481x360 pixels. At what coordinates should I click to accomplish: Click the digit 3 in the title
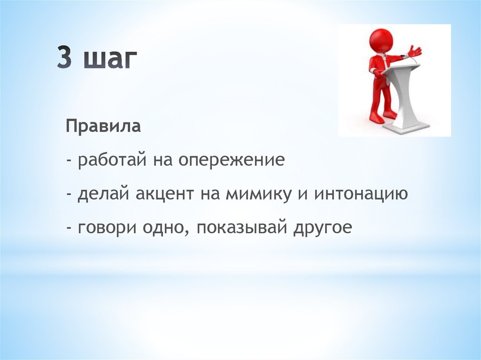(65, 57)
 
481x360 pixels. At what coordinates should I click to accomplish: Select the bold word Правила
(103, 126)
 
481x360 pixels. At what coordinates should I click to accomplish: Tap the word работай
(112, 161)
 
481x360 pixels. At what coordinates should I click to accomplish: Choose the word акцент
(164, 194)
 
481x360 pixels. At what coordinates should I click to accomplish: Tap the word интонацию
(361, 194)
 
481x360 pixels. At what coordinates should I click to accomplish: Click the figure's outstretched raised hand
(415, 51)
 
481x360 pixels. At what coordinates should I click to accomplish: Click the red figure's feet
(381, 117)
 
